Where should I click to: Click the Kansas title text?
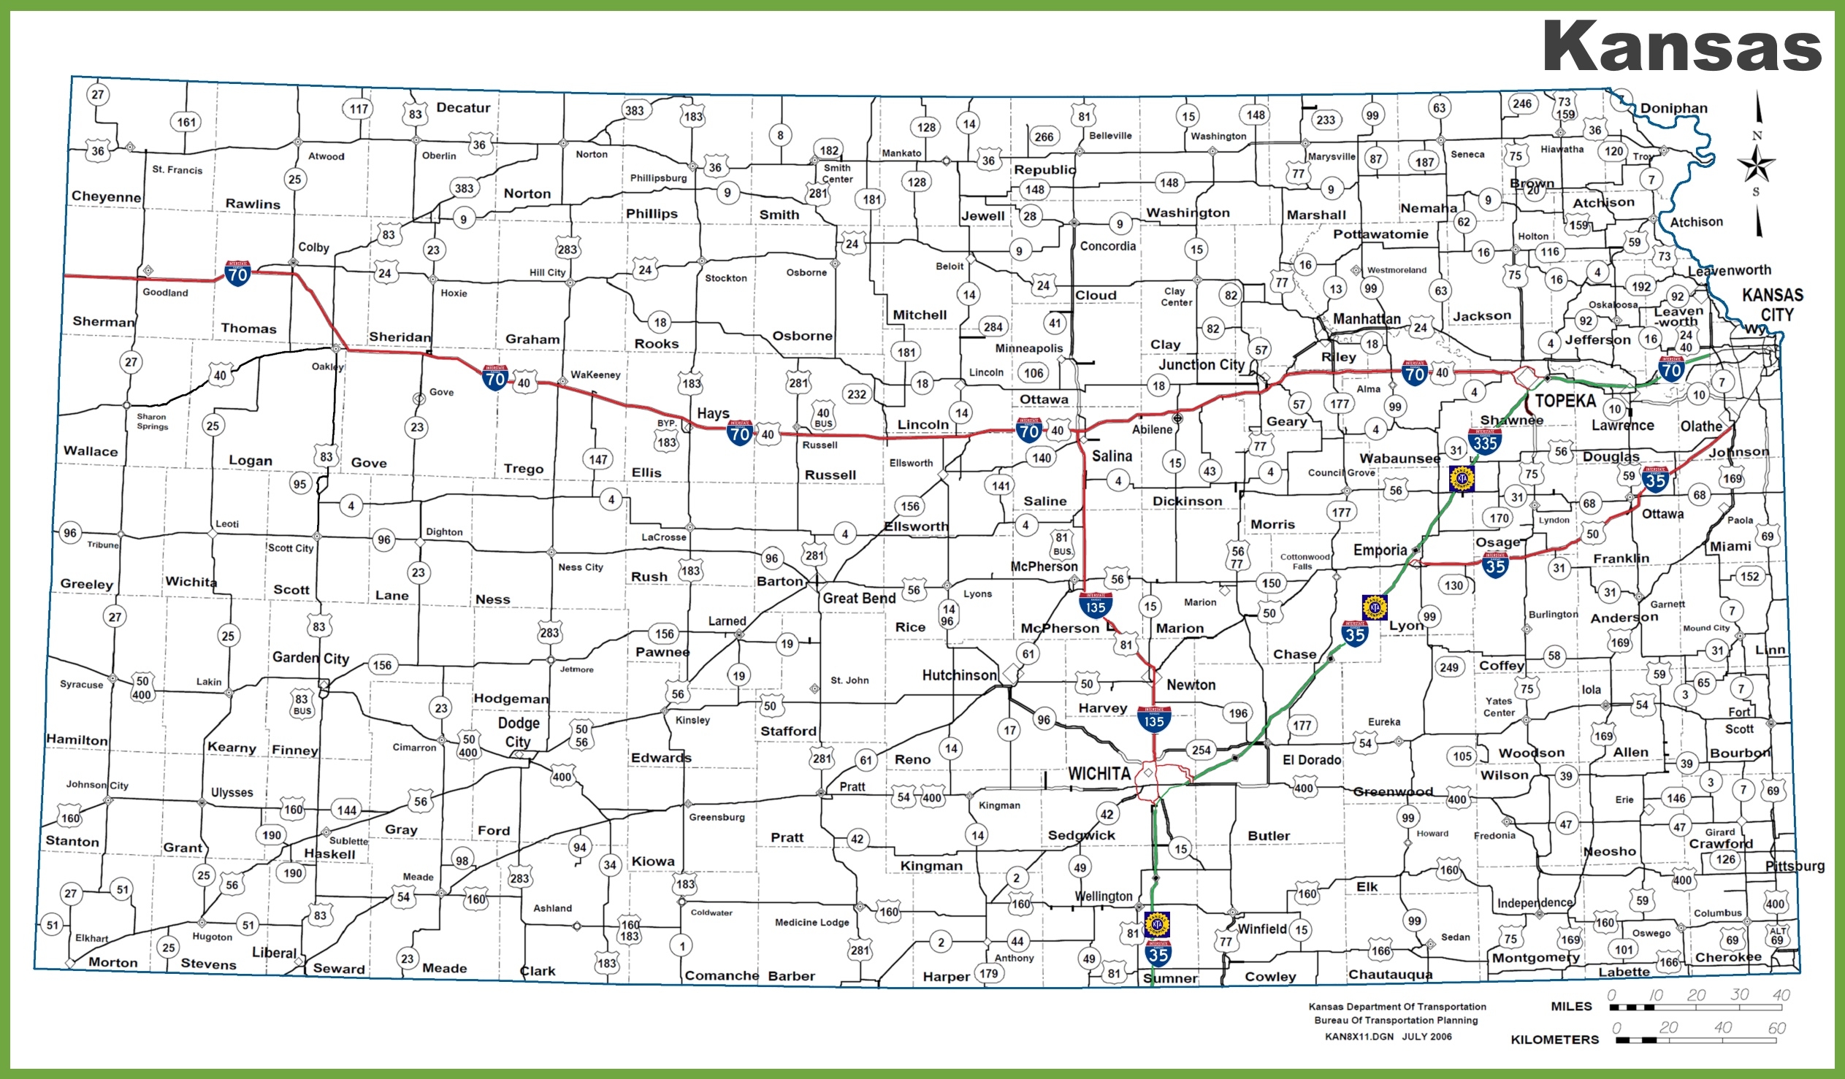pyautogui.click(x=1681, y=46)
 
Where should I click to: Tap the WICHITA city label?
pyautogui.click(x=1099, y=774)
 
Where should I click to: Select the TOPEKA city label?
pyautogui.click(x=1565, y=401)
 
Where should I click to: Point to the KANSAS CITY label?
pyautogui.click(x=1772, y=304)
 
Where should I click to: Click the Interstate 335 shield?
pyautogui.click(x=1485, y=442)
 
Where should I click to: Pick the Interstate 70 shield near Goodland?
pyautogui.click(x=237, y=274)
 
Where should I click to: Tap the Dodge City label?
pyautogui.click(x=519, y=732)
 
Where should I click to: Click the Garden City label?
pyautogui.click(x=310, y=657)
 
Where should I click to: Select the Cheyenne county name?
pyautogui.click(x=106, y=196)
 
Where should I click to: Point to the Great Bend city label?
pyautogui.click(x=859, y=598)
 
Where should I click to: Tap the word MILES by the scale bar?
pyautogui.click(x=1571, y=1007)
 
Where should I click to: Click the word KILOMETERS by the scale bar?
pyautogui.click(x=1554, y=1040)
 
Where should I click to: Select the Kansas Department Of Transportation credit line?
pyautogui.click(x=1397, y=1007)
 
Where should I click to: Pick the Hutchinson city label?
pyautogui.click(x=959, y=675)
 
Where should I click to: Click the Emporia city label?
pyautogui.click(x=1380, y=550)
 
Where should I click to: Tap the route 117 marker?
pyautogui.click(x=358, y=109)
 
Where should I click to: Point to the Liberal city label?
pyautogui.click(x=274, y=953)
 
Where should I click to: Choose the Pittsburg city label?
pyautogui.click(x=1795, y=866)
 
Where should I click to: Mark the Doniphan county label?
pyautogui.click(x=1673, y=108)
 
